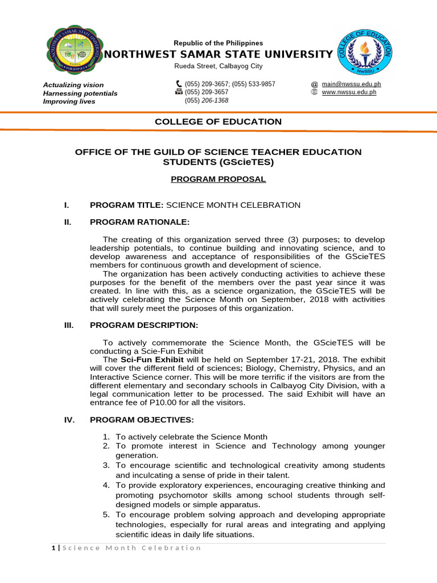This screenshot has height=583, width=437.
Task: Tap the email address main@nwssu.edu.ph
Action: [351, 84]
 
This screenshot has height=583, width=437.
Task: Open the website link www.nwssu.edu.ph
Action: [349, 92]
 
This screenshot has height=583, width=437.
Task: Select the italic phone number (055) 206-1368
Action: [207, 100]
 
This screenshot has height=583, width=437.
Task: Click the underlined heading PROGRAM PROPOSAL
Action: [218, 179]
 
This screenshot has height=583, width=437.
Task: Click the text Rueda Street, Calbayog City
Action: [218, 66]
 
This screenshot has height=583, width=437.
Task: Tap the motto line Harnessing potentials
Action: [80, 93]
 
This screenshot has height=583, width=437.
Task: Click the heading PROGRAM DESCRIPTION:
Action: [144, 325]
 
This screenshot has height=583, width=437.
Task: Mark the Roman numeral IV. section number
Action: [68, 420]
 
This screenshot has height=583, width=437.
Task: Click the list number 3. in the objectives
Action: [106, 465]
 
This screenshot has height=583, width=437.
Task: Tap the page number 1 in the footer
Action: [53, 548]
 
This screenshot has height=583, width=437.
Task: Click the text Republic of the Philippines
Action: [218, 43]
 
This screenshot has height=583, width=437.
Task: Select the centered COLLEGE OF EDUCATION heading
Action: [218, 121]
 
